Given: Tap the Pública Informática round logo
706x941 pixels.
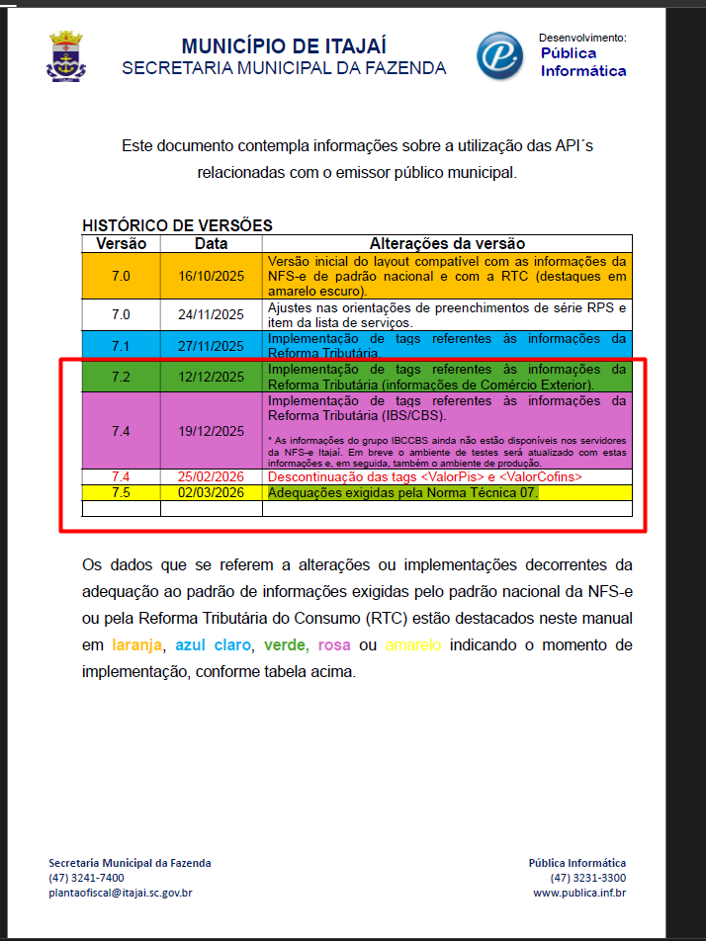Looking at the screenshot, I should (500, 56).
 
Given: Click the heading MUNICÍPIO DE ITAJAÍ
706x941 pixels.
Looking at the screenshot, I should (284, 46).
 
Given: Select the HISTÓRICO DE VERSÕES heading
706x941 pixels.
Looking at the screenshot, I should (177, 225).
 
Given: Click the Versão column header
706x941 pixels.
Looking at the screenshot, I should (121, 243).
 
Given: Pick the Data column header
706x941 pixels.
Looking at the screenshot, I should (211, 243).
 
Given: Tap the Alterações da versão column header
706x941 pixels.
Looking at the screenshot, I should (447, 243).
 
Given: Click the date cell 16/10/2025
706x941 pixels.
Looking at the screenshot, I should (211, 277).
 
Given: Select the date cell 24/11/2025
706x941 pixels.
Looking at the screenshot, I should (211, 315).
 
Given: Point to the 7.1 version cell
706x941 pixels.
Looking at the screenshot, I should (121, 346).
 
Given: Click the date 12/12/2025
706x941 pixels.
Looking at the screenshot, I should (211, 377).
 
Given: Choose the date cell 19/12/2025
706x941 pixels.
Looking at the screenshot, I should (211, 431).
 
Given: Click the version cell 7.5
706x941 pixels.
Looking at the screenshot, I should (121, 492).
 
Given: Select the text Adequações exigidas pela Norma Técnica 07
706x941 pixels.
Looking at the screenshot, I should (403, 492).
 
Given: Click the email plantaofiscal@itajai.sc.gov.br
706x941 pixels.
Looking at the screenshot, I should (120, 893).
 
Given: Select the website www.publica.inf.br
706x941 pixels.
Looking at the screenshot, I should (579, 893).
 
